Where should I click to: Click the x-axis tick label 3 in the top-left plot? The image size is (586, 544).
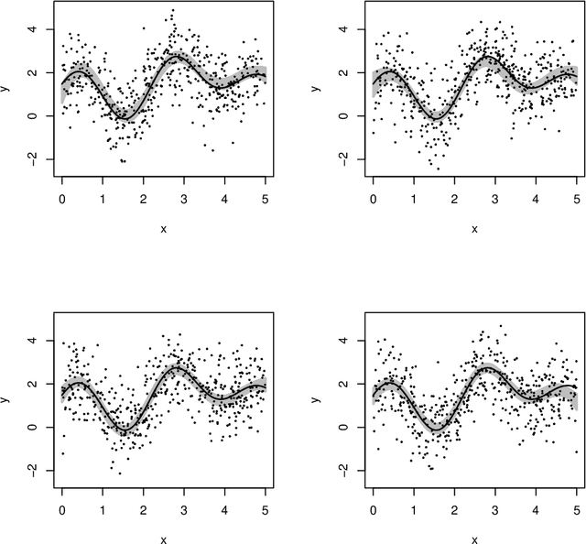(184, 196)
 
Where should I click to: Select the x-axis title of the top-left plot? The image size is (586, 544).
(163, 227)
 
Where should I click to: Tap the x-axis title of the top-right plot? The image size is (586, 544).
(473, 227)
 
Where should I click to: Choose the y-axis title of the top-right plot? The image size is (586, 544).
(319, 90)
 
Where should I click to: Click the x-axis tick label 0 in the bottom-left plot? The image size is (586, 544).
(62, 507)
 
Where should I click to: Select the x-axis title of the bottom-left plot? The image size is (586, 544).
(163, 539)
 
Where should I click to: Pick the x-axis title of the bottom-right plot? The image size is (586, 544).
(473, 539)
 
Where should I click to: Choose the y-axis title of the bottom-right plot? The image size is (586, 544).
(319, 401)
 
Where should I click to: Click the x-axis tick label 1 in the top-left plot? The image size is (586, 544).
(103, 196)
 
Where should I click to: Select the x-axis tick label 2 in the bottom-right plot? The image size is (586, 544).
(453, 507)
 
